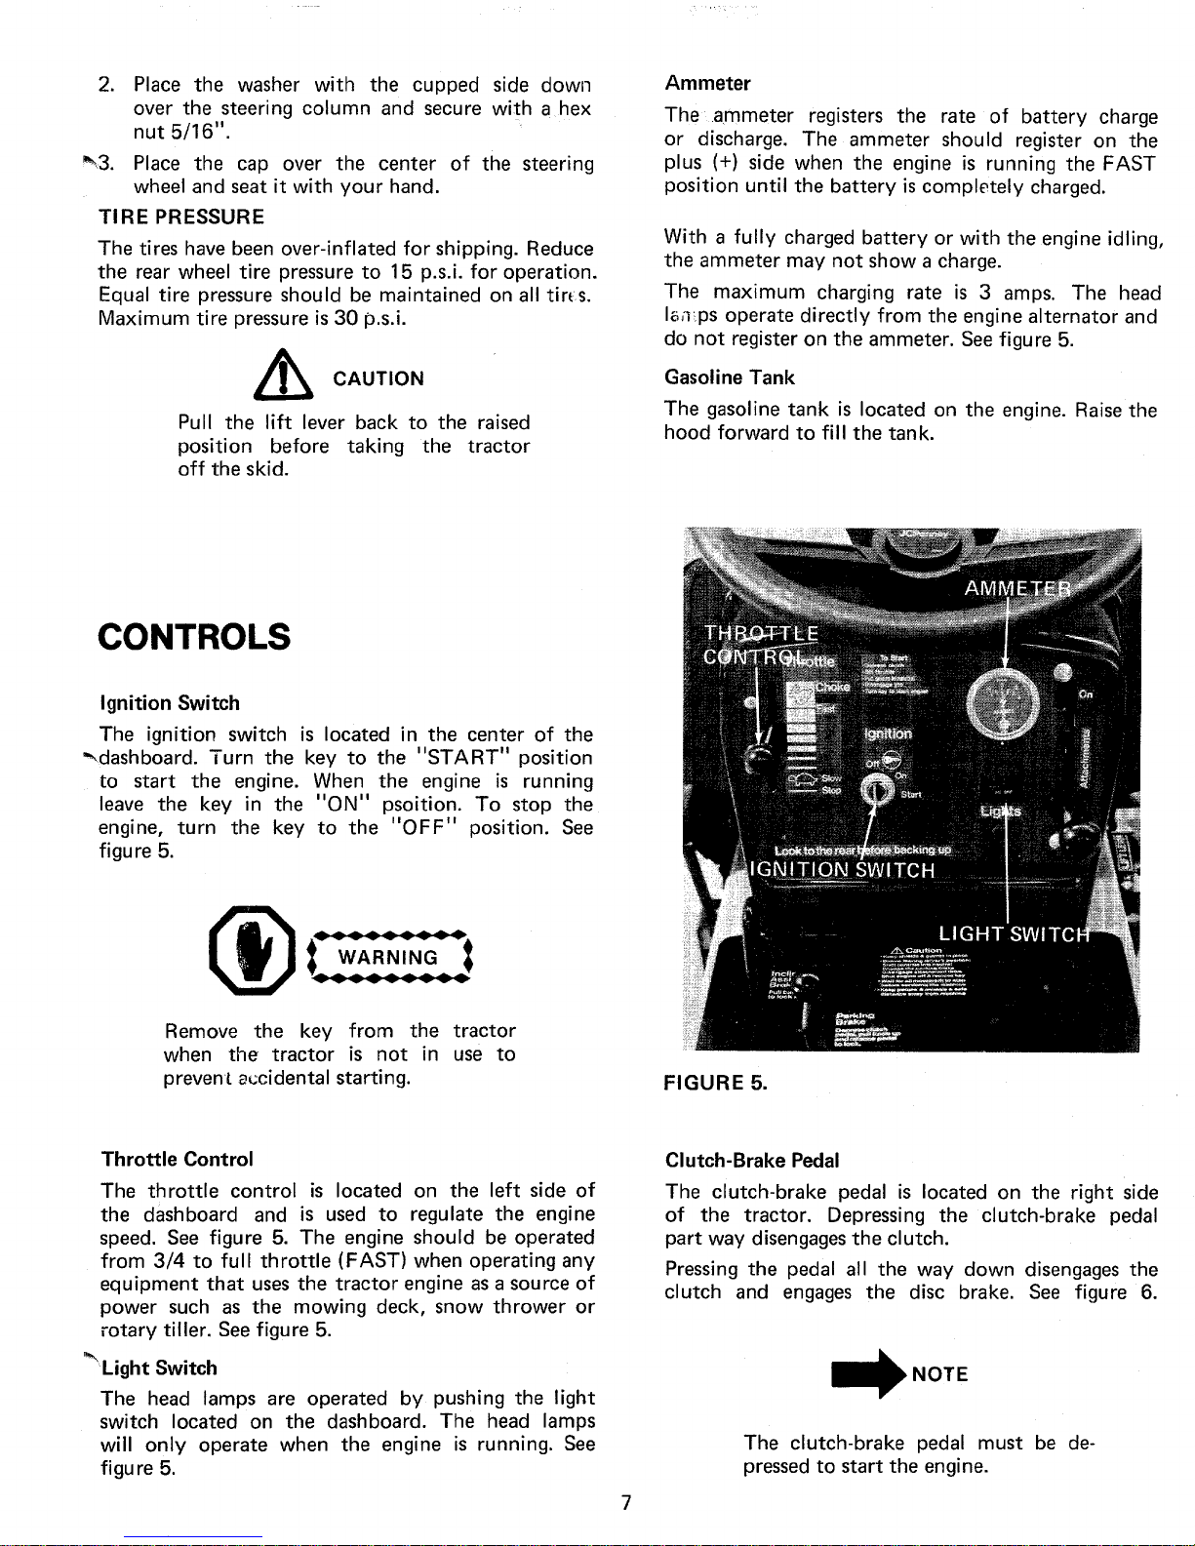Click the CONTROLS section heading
[x=194, y=637]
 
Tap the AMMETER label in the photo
[x=1016, y=589]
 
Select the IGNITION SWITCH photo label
[x=842, y=870]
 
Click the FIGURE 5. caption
[x=716, y=1084]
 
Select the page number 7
[x=625, y=1503]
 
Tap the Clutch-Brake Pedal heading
[x=751, y=1161]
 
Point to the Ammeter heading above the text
[x=707, y=83]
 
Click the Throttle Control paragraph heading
[x=178, y=1159]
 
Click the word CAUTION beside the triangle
[x=378, y=378]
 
